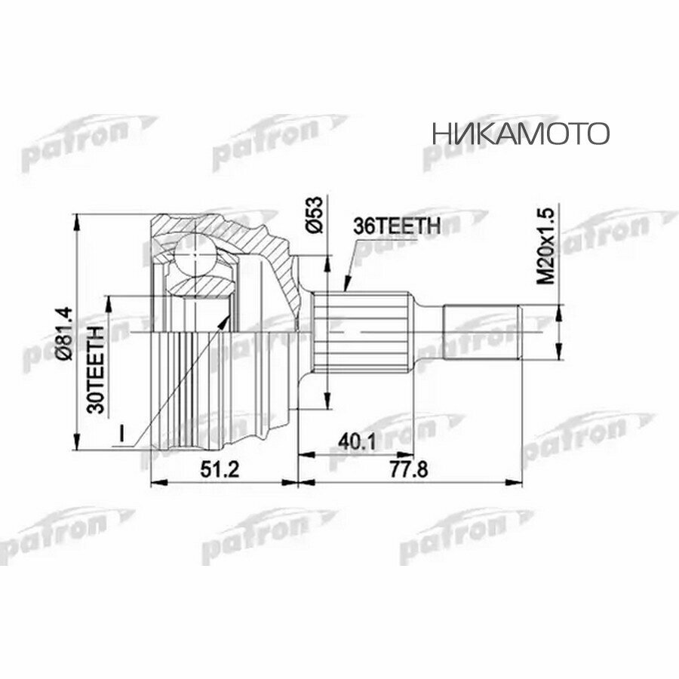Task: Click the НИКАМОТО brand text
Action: (521, 134)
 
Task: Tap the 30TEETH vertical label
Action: (96, 370)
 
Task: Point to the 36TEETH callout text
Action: (397, 226)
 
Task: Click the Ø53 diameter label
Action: (316, 217)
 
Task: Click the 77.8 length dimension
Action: (410, 470)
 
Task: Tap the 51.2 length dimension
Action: (220, 470)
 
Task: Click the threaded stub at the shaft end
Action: (483, 330)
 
